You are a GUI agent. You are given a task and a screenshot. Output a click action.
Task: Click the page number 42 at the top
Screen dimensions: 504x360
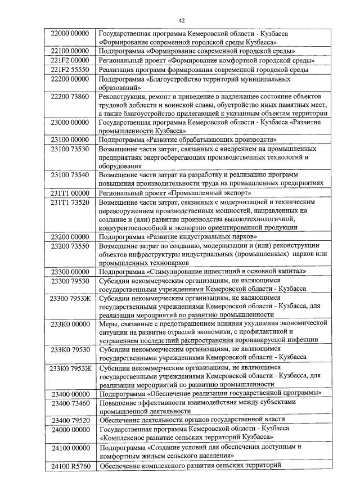coord(182,21)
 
